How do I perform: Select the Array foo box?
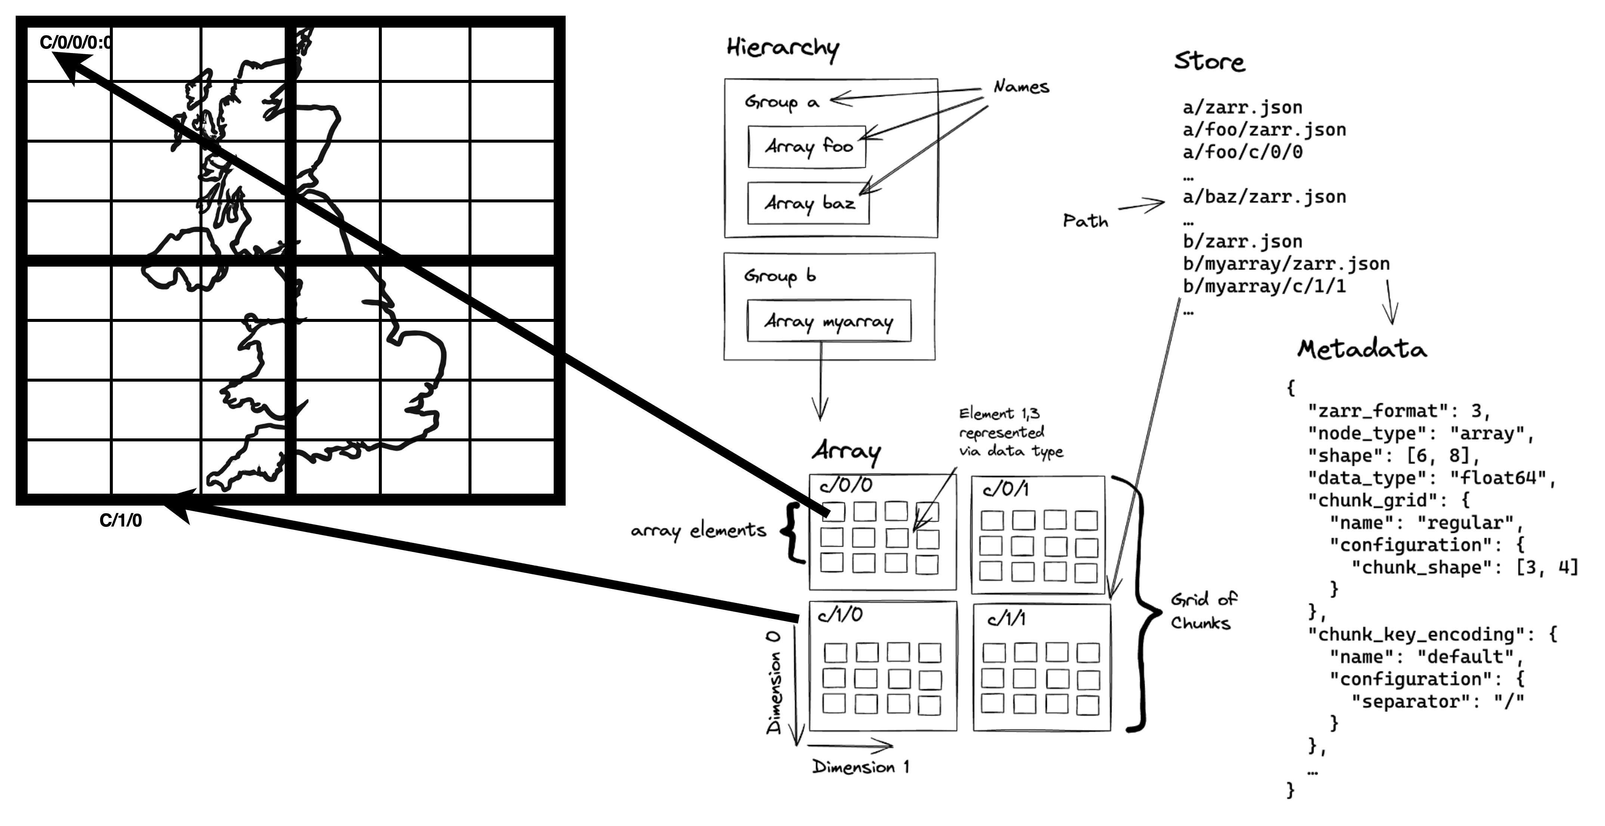pos(807,147)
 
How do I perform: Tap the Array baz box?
pos(808,203)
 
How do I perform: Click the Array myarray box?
pos(829,322)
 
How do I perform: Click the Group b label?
pos(779,276)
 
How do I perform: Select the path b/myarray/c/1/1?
pos(1264,286)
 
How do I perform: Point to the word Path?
pos(1085,221)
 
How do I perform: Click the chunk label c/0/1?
pos(1005,490)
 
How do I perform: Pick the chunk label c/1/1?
pos(1006,618)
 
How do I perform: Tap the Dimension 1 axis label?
pos(860,767)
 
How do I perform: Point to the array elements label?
pos(698,531)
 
